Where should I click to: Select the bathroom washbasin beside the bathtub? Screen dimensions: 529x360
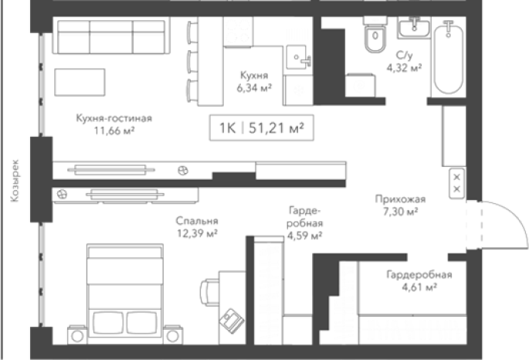pyautogui.click(x=414, y=27)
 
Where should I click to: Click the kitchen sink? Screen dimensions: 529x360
pyautogui.click(x=298, y=57)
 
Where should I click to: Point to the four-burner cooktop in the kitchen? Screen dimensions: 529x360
pyautogui.click(x=238, y=32)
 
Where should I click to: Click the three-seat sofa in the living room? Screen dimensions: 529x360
pyautogui.click(x=111, y=37)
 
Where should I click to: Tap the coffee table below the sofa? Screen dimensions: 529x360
pyautogui.click(x=80, y=82)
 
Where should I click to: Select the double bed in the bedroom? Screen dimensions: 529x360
pyautogui.click(x=125, y=290)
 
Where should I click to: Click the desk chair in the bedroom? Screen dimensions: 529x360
pyautogui.click(x=209, y=292)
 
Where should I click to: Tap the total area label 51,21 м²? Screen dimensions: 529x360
pyautogui.click(x=276, y=128)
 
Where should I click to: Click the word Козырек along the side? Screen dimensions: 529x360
pyautogui.click(x=15, y=181)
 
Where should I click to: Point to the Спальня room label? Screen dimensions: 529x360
pyautogui.click(x=197, y=221)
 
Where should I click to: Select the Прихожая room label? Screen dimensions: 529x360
pyautogui.click(x=401, y=199)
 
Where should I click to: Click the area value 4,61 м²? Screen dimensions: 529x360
pyautogui.click(x=419, y=287)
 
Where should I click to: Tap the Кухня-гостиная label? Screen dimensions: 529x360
pyautogui.click(x=114, y=118)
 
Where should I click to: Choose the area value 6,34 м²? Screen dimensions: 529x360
pyautogui.click(x=254, y=88)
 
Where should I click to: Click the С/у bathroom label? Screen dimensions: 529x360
pyautogui.click(x=404, y=56)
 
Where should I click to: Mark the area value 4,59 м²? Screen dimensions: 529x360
pyautogui.click(x=304, y=236)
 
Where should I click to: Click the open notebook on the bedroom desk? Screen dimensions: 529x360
pyautogui.click(x=232, y=321)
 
